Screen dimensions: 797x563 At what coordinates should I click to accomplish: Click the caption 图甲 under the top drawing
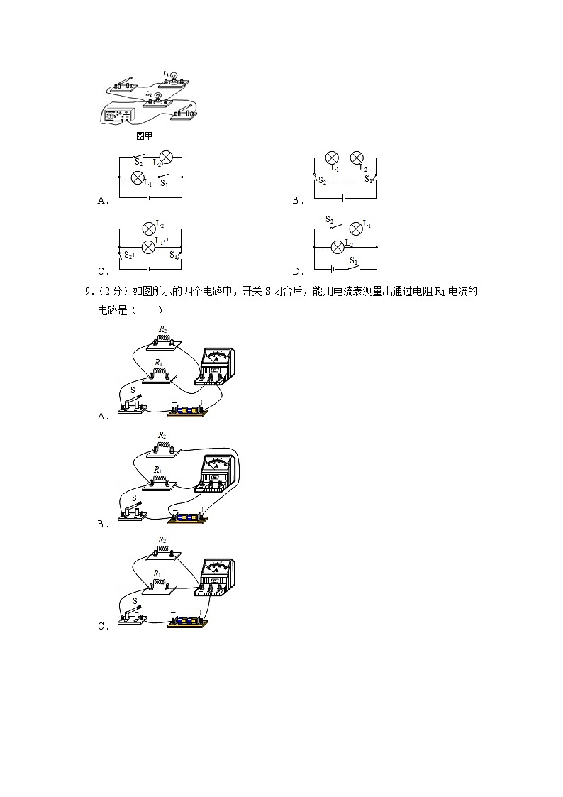pyautogui.click(x=144, y=136)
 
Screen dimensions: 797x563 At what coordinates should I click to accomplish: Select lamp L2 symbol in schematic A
pyautogui.click(x=166, y=157)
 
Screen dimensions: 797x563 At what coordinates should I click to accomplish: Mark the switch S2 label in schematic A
pyautogui.click(x=138, y=163)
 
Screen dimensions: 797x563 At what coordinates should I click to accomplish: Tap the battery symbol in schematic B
pyautogui.click(x=343, y=198)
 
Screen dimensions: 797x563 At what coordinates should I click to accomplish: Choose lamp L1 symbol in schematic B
pyautogui.click(x=332, y=158)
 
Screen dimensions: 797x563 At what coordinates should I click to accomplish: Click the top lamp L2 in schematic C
pyautogui.click(x=149, y=229)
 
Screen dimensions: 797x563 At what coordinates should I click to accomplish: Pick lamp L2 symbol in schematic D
pyautogui.click(x=338, y=247)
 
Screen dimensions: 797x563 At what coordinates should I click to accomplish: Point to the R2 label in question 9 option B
pyautogui.click(x=162, y=435)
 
